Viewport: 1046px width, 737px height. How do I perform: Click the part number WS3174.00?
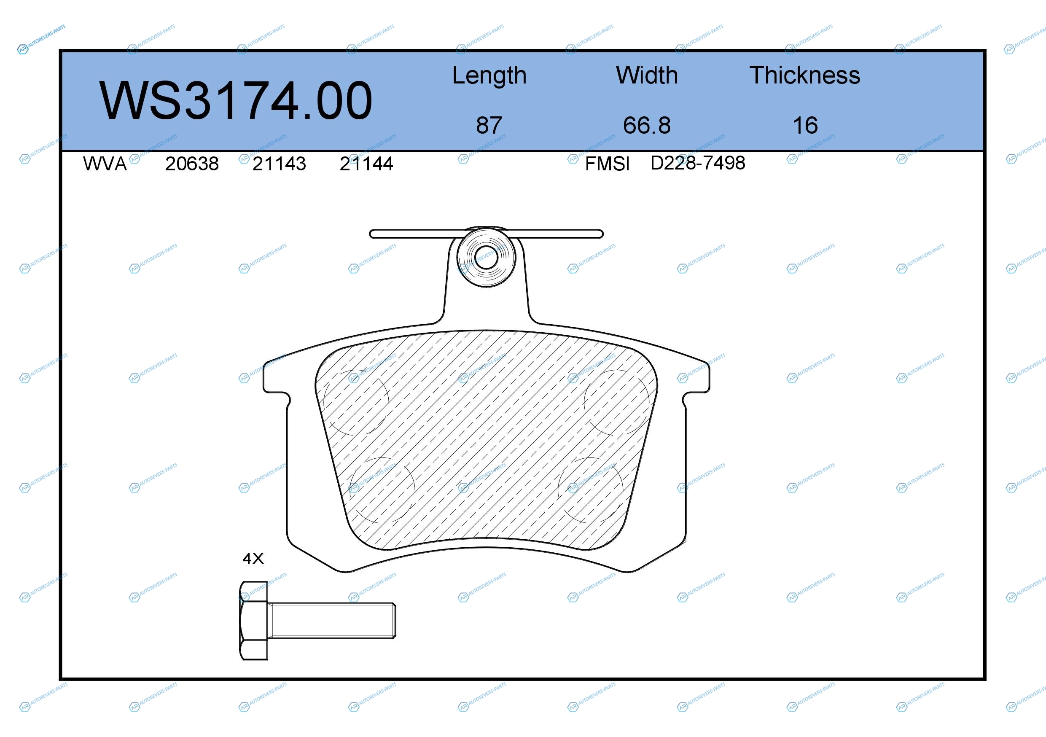click(236, 100)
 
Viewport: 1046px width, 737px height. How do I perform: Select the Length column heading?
click(489, 75)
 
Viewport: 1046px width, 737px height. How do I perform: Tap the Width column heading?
click(647, 75)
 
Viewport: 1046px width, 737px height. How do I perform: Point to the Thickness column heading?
click(804, 75)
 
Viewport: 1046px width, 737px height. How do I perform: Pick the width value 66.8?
click(647, 125)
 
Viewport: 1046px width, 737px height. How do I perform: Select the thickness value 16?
click(805, 125)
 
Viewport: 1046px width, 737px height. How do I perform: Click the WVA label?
click(105, 164)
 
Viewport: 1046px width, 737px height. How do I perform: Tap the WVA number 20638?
click(192, 164)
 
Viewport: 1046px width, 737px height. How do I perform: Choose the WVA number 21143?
click(279, 164)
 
